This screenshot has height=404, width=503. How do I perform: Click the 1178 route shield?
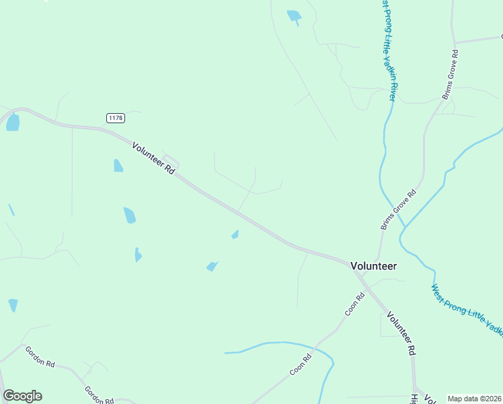click(x=116, y=118)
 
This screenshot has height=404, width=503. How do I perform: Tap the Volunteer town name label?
click(x=374, y=266)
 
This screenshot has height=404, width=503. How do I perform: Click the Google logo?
click(x=22, y=396)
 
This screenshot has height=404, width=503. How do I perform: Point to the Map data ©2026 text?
click(x=474, y=399)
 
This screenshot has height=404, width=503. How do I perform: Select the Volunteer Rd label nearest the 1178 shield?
click(x=153, y=159)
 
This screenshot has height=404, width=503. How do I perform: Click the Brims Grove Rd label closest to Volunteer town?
click(x=399, y=210)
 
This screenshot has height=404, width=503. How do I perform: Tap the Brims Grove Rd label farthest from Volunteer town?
click(x=450, y=74)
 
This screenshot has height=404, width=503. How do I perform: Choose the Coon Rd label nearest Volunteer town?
click(x=354, y=304)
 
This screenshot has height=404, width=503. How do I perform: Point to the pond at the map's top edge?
click(x=294, y=15)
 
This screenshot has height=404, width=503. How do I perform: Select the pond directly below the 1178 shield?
click(x=118, y=166)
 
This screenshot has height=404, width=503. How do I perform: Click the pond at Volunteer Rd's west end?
click(x=13, y=123)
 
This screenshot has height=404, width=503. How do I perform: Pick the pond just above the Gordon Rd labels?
click(x=13, y=305)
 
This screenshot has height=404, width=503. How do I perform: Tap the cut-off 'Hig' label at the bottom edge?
click(x=414, y=397)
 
